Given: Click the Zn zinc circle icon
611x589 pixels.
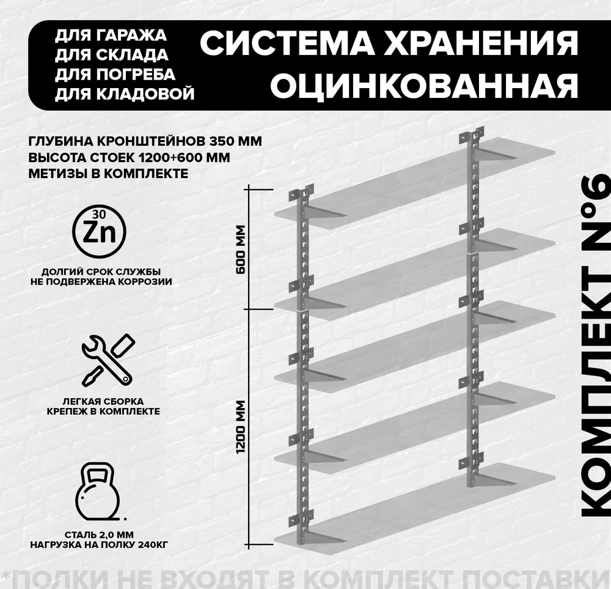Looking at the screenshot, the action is tap(100, 232).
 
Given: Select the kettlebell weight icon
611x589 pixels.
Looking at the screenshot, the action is tap(97, 492).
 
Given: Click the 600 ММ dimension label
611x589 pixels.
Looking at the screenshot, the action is tap(241, 250).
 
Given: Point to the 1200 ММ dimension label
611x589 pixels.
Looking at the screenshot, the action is tap(241, 427).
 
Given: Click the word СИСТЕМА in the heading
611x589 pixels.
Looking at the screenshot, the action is tap(287, 43).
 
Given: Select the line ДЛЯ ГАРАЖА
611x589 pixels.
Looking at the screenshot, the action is tap(111, 35).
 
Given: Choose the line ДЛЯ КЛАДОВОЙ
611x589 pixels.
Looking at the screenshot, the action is tap(124, 94).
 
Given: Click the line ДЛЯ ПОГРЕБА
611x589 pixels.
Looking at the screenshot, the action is tap(115, 75).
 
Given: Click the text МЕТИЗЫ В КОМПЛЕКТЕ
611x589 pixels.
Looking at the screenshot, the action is tap(108, 173).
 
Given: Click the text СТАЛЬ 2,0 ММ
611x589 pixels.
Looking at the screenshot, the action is tap(99, 535).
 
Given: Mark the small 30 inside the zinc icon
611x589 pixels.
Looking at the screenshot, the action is tap(99, 214).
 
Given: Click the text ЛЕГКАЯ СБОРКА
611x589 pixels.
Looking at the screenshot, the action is tap(103, 401).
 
